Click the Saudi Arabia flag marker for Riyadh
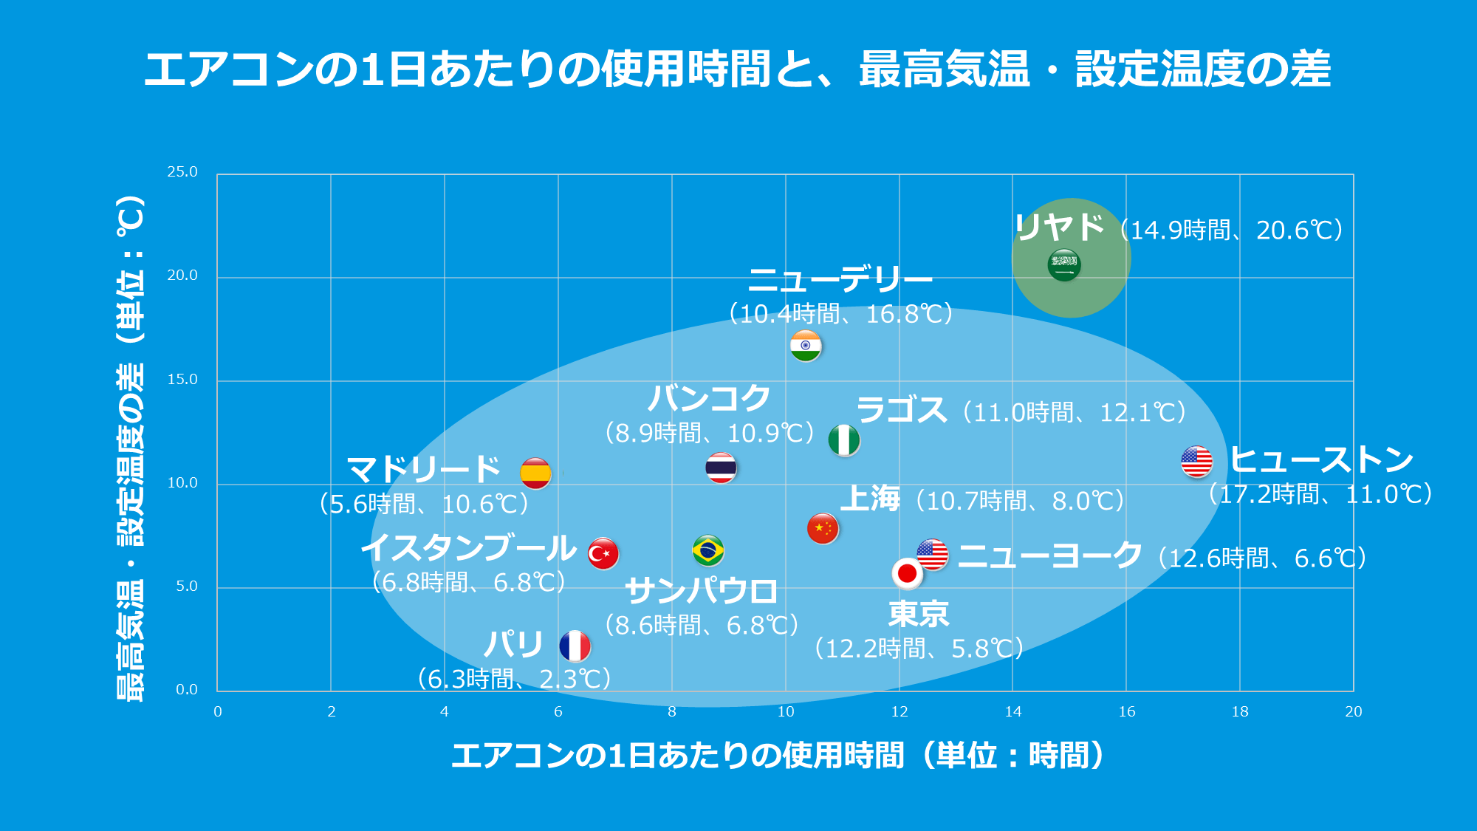tap(1064, 264)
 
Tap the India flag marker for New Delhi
tap(806, 346)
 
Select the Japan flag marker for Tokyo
tap(908, 573)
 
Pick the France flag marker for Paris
tap(575, 646)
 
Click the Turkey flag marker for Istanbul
tap(603, 553)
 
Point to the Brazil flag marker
tap(708, 550)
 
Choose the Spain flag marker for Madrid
tap(535, 473)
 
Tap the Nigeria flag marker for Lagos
tap(844, 440)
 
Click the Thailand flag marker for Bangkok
tap(721, 468)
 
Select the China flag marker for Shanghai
tap(823, 528)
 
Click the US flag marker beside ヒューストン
tap(1196, 462)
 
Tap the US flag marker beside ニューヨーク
tap(933, 555)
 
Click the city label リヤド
tap(1060, 227)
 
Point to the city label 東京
tap(919, 614)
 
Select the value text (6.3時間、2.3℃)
tap(514, 678)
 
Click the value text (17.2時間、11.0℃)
tap(1321, 493)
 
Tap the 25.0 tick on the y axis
tap(182, 172)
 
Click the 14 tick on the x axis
tap(1013, 711)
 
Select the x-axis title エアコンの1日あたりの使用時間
tap(678, 755)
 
